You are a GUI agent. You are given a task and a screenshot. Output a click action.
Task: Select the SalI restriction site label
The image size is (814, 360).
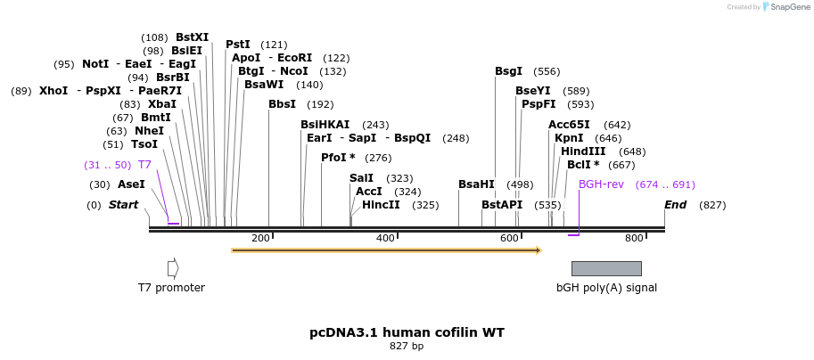click(361, 178)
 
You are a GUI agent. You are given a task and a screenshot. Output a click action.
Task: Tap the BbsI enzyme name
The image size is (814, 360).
click(282, 104)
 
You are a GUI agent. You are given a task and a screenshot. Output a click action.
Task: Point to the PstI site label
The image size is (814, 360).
click(238, 45)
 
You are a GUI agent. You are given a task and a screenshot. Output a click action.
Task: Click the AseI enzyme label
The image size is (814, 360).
click(131, 184)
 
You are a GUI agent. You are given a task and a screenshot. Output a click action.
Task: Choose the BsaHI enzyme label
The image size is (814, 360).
click(476, 184)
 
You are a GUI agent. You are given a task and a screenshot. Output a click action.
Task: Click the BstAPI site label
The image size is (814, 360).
click(502, 205)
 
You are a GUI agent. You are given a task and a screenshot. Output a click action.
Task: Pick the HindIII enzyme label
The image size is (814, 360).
click(583, 151)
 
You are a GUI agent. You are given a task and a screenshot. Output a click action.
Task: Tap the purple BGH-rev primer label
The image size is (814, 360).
click(601, 184)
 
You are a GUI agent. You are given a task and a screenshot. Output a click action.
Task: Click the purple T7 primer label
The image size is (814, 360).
click(144, 165)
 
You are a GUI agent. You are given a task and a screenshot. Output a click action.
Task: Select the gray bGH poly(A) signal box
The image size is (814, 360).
click(606, 268)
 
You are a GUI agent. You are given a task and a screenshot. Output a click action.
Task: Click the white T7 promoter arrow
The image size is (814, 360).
click(173, 268)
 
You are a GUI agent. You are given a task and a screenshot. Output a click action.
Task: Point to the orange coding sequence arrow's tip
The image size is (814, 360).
click(539, 250)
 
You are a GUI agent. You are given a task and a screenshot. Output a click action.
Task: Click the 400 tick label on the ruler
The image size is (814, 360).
click(385, 239)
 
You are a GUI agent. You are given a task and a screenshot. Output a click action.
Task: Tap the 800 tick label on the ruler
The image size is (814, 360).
click(634, 239)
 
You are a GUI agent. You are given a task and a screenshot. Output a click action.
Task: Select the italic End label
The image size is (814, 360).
click(676, 205)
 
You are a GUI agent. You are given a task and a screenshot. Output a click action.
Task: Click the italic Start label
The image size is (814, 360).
click(123, 205)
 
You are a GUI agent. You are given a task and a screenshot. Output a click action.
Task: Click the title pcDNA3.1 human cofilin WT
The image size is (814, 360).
click(407, 332)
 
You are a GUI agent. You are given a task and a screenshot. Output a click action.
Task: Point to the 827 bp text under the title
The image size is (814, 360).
click(407, 346)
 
